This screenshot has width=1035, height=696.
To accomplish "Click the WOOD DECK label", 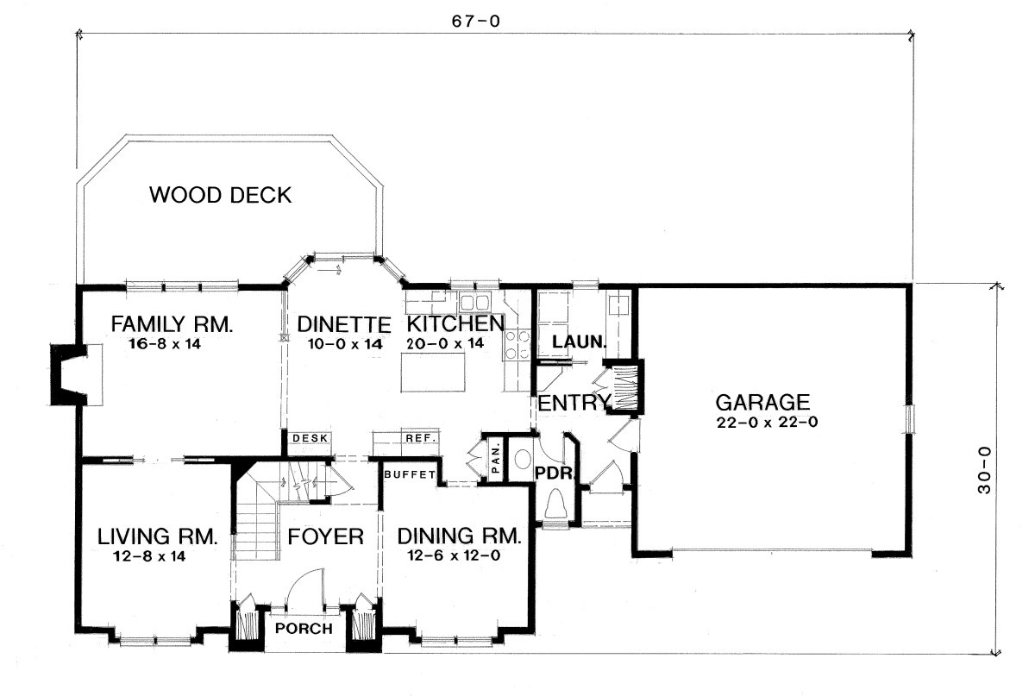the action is (221, 195).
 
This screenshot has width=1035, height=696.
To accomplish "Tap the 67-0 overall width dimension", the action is (476, 22).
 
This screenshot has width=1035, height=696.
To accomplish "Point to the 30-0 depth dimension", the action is (984, 470).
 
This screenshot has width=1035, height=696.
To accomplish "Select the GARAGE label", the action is (762, 402).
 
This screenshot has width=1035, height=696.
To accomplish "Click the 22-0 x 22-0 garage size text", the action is (767, 423).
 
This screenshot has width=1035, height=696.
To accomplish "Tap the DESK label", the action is (310, 438).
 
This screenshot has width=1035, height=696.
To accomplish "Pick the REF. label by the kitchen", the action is (422, 437).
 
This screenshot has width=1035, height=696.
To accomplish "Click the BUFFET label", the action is (410, 474).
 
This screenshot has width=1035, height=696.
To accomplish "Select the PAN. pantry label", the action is (496, 460).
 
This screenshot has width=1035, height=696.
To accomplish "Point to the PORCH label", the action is (304, 629).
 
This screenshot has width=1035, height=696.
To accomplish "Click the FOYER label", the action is (326, 536).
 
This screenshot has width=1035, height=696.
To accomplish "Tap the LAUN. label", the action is (580, 342).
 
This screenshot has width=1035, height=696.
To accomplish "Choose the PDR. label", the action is (554, 473).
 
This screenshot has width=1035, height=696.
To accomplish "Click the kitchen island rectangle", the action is (433, 372).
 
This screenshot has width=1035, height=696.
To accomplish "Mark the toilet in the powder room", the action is (555, 505).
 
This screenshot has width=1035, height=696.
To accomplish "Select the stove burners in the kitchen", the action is (517, 344).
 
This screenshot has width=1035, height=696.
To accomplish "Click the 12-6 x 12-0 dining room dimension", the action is (455, 555).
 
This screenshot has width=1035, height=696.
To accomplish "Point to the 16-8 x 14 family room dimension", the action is (165, 344).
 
